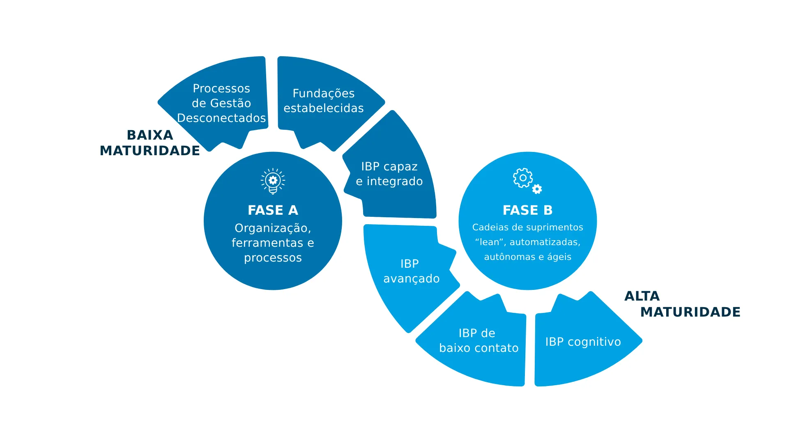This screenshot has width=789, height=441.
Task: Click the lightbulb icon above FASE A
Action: [273, 181]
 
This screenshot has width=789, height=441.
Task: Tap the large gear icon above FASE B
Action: [522, 178]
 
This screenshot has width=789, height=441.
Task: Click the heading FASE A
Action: [273, 210]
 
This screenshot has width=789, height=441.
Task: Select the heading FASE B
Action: [527, 210]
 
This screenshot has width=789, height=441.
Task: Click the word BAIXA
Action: [150, 135]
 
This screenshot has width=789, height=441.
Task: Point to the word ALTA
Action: [642, 296]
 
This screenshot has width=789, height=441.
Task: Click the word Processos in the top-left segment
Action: [221, 88]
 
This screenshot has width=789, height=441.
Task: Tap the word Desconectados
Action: [221, 118]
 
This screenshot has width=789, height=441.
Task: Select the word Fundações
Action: [323, 94]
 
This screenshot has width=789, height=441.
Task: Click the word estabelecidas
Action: [323, 108]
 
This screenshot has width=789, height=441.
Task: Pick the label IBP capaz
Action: [389, 167]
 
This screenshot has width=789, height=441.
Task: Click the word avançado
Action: [411, 279]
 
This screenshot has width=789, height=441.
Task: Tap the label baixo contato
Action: [478, 348]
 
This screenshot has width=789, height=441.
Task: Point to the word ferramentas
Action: [267, 243]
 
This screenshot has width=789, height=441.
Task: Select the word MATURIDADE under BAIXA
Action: [150, 151]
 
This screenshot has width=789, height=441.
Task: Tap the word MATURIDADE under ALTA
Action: [690, 312]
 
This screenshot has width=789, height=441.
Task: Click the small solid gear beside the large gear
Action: [537, 189]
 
